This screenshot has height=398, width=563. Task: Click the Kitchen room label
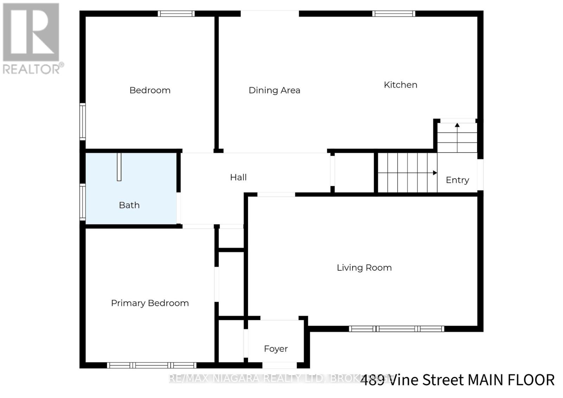tap(400, 85)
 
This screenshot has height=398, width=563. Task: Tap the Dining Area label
tap(274, 90)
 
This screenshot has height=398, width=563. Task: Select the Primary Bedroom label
tap(150, 303)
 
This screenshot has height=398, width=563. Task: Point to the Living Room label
tap(364, 268)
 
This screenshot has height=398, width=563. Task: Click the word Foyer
tap(276, 349)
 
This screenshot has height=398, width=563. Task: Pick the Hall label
tap(238, 177)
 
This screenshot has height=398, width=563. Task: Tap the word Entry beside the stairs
tap(457, 180)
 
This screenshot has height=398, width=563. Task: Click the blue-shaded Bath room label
tap(129, 205)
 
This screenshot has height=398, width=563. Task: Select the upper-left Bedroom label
tap(150, 90)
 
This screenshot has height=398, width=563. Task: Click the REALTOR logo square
tap(31, 32)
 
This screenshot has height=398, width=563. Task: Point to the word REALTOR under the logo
tap(32, 69)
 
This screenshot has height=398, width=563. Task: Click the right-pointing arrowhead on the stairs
tap(435, 173)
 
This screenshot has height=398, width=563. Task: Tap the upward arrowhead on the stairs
tap(457, 125)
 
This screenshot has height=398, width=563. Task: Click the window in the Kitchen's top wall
tap(394, 14)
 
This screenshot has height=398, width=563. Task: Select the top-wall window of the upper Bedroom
tap(176, 14)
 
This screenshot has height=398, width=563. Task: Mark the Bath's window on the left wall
tap(82, 202)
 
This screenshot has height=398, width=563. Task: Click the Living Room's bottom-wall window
tap(396, 329)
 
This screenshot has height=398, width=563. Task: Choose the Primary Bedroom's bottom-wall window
tap(151, 365)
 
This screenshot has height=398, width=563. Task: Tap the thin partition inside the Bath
tap(119, 167)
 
